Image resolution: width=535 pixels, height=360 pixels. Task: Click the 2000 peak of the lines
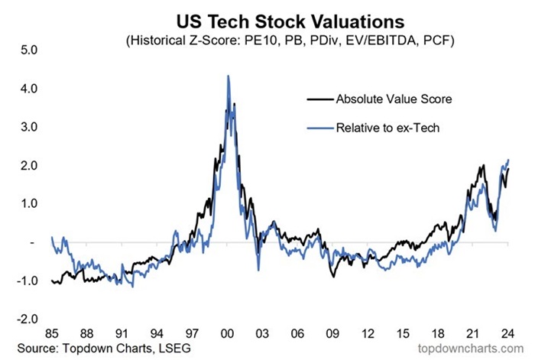229,76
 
